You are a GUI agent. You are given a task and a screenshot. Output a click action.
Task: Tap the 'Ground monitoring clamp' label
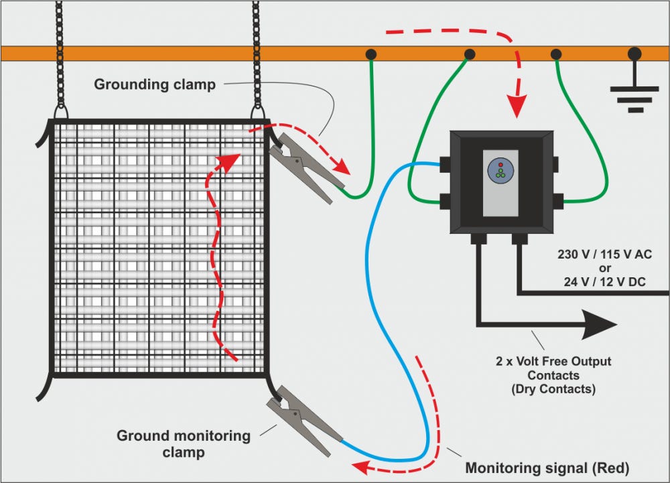pos(184,444)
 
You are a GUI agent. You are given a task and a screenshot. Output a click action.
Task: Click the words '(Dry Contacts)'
pos(553,388)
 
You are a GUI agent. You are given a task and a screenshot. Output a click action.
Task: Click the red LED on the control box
pos(500,164)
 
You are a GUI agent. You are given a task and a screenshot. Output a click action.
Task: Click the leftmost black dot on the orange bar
pos(370,54)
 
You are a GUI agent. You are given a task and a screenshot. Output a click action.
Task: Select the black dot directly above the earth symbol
pos(633,54)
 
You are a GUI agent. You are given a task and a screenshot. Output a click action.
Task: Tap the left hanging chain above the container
pos(60,54)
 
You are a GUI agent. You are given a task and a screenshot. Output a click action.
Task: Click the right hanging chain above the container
pos(256,54)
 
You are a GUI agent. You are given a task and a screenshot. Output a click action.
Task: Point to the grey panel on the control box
pos(500,183)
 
